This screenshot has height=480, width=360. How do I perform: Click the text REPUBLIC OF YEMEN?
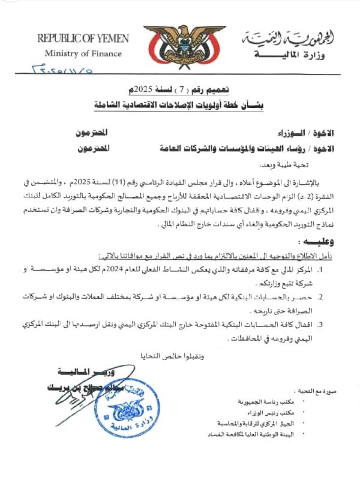point(83,38)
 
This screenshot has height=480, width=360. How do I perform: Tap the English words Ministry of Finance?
point(83,53)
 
